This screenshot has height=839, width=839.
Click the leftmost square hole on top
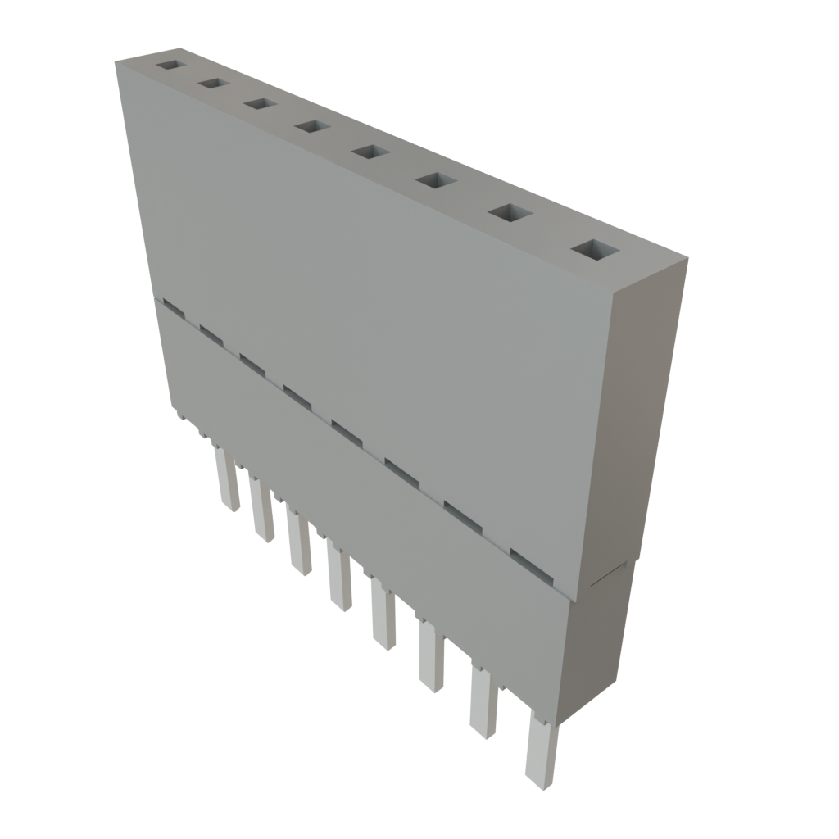171,64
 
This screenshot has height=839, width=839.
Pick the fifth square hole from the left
370,152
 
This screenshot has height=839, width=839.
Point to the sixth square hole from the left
435,180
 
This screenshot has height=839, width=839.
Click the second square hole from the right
510,213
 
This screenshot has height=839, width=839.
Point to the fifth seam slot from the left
347,429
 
